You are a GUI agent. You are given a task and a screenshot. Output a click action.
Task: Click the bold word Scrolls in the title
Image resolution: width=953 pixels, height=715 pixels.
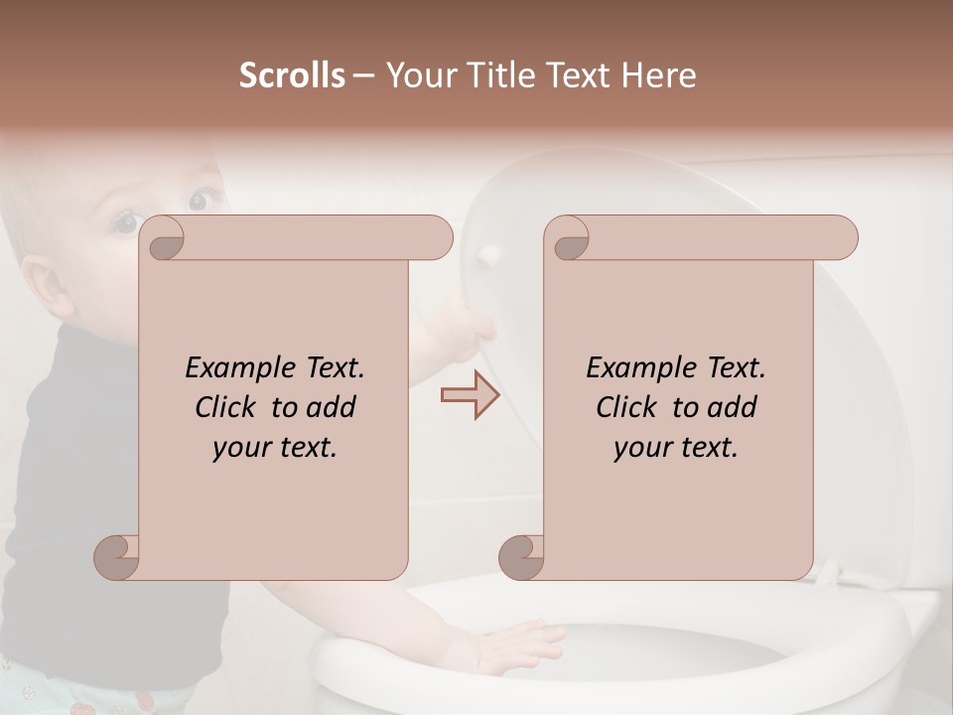click(x=292, y=75)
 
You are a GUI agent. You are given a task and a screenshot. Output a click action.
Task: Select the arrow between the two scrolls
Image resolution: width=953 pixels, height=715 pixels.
click(x=470, y=395)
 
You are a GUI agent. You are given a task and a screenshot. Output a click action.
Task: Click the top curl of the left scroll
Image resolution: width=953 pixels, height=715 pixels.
click(x=162, y=238)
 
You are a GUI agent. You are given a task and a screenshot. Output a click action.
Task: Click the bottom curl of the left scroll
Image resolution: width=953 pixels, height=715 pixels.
click(x=117, y=557)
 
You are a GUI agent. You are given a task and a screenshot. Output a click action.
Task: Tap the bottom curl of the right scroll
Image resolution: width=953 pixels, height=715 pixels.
click(x=522, y=557)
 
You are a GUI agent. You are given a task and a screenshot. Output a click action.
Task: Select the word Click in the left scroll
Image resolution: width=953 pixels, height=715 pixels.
click(x=227, y=407)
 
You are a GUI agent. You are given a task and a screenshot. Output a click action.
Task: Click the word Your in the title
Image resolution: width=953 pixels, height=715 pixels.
click(x=415, y=75)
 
